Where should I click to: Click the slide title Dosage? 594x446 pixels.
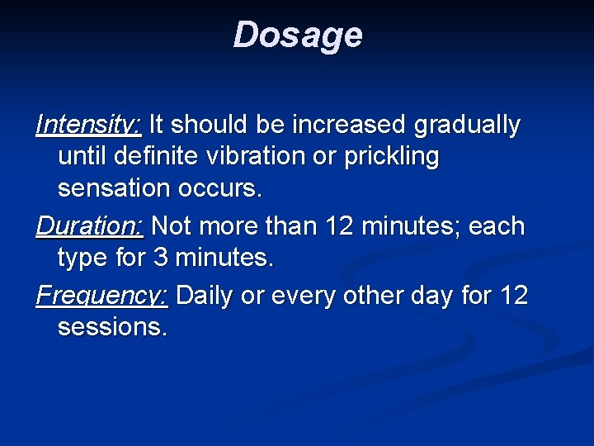[297, 36]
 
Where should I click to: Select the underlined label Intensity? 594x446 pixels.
[89, 125]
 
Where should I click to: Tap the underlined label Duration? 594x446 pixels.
[90, 225]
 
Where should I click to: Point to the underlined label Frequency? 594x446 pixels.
[102, 295]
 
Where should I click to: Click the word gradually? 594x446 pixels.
[467, 126]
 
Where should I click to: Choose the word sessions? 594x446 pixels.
[112, 327]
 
